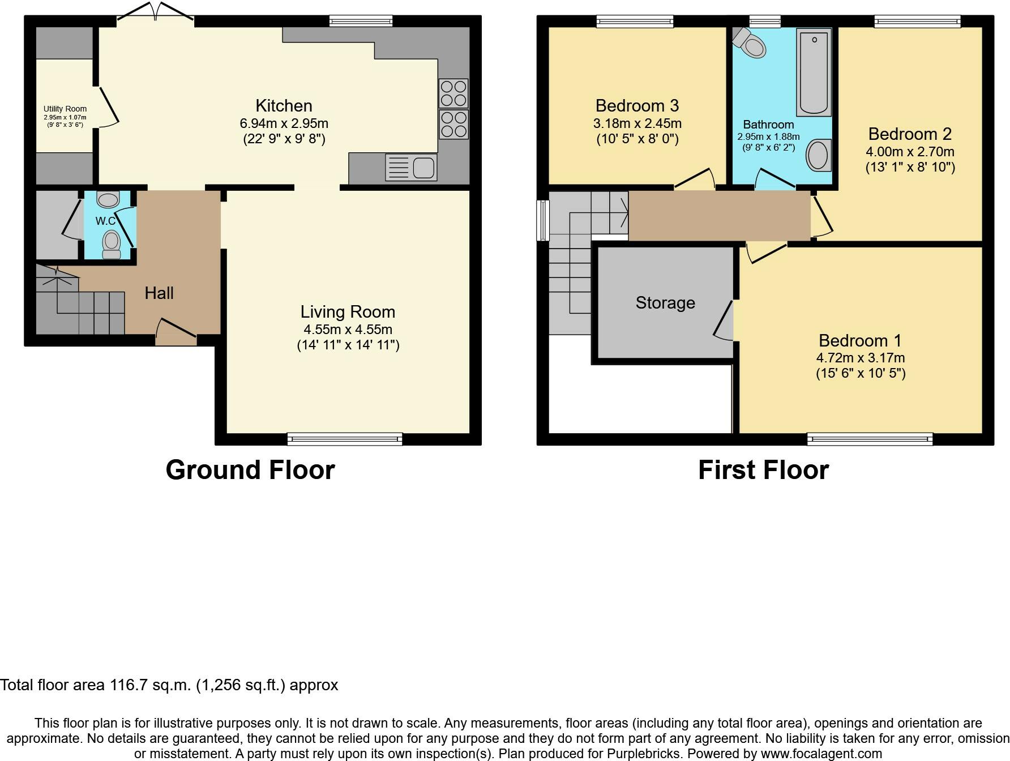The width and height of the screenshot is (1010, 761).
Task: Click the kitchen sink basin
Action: click(423, 168)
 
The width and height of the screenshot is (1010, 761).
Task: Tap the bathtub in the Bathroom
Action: click(814, 72)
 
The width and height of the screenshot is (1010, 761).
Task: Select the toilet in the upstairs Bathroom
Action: click(749, 41)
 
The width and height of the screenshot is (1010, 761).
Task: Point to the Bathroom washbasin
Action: click(818, 155)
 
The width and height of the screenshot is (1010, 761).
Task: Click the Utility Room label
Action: click(65, 109)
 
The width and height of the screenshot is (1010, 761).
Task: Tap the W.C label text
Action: click(106, 221)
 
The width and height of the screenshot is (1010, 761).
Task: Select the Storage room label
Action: click(665, 303)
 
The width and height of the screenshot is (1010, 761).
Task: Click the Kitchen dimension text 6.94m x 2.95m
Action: click(284, 123)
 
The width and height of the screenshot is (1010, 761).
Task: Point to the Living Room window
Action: click(345, 439)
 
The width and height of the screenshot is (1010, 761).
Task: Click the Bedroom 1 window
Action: click(870, 439)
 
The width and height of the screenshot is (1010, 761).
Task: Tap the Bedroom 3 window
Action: click(635, 22)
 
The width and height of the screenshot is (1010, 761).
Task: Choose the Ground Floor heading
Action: click(250, 470)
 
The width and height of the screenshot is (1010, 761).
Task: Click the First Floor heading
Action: click(763, 470)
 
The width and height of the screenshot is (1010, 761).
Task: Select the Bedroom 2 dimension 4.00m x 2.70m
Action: click(910, 152)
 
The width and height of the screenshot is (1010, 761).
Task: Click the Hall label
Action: click(159, 293)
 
